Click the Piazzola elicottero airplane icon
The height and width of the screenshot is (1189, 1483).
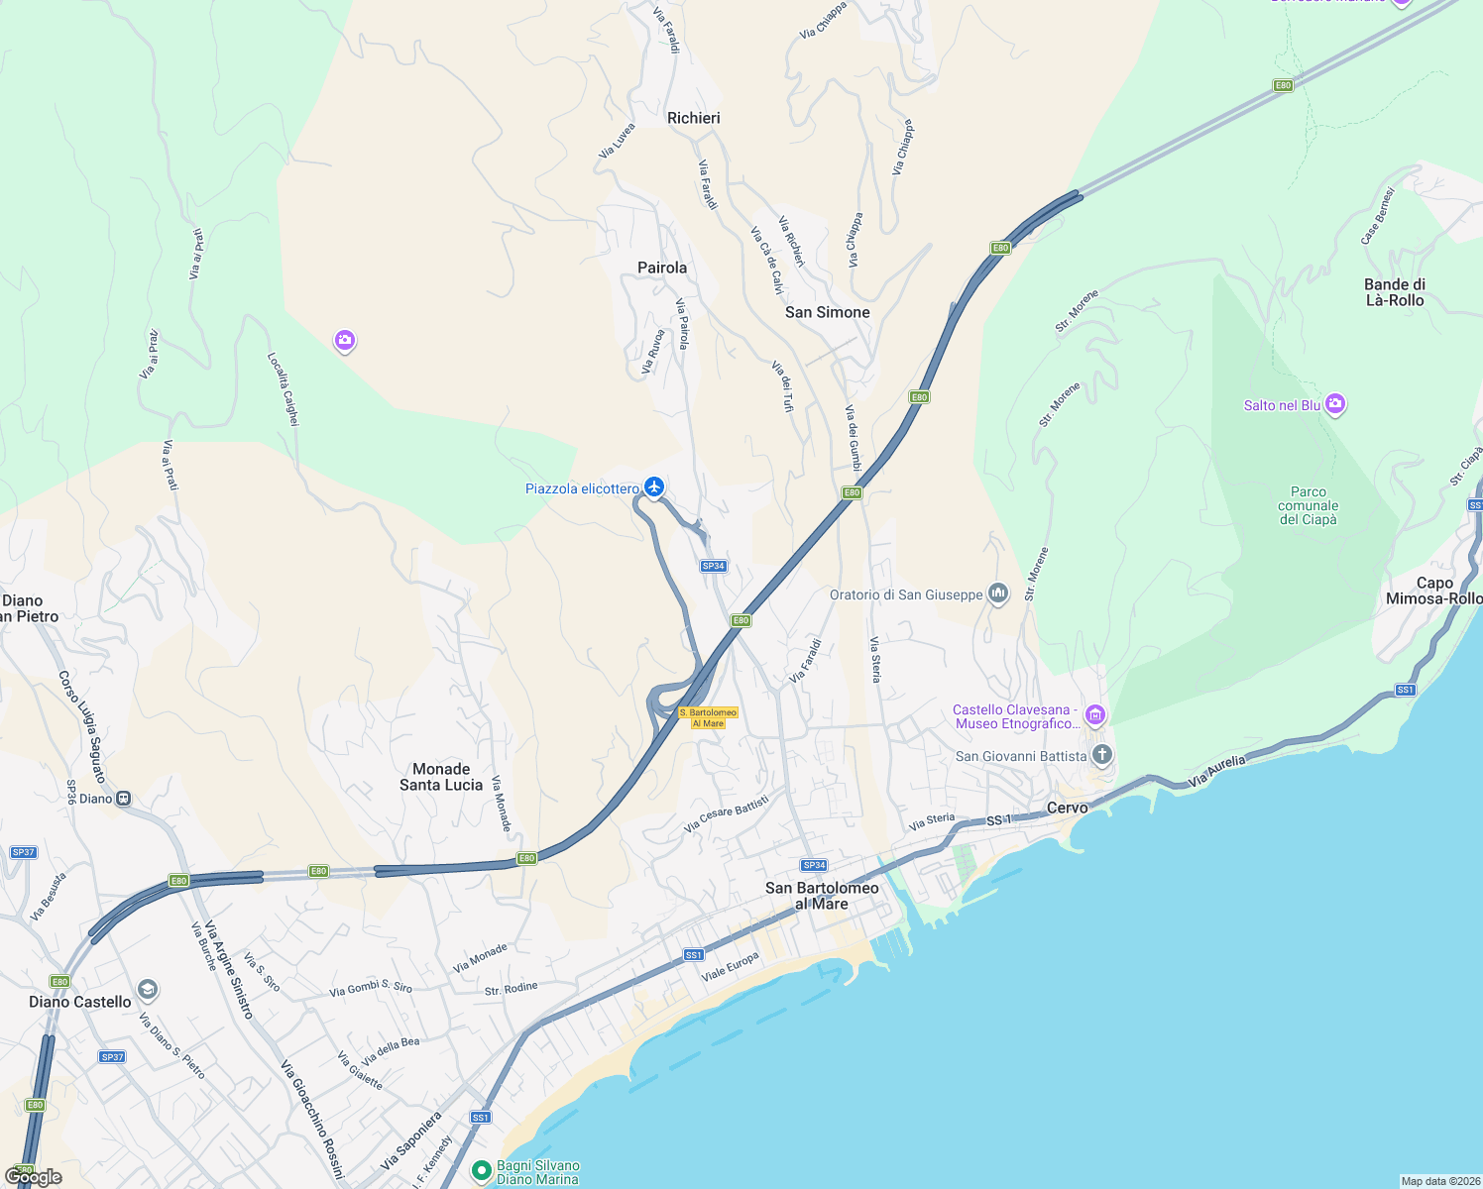pos(653,487)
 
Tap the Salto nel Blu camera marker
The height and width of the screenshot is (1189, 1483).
pos(1335,404)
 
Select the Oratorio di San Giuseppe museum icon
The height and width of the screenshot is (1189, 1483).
pos(998,594)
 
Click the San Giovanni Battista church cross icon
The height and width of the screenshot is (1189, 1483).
pos(1101,756)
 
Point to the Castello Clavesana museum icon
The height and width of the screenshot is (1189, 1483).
pos(1094,714)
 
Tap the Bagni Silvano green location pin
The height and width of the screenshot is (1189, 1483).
pos(482,1171)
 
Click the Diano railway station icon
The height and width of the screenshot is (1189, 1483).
pos(124,799)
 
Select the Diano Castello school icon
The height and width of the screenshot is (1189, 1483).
pos(148,989)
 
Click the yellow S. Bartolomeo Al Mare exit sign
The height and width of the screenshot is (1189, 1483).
pos(708,718)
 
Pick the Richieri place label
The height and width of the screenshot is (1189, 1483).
pos(694,118)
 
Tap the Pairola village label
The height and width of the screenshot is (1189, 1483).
pos(662,268)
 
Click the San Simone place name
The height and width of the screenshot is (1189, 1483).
pos(828,312)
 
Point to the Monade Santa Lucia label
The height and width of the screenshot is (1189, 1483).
pos(441,777)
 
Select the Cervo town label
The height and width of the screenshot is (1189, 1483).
pos(1068,808)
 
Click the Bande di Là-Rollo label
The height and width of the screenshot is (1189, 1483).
pos(1395,292)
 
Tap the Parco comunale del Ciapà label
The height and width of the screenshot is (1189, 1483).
pos(1309,505)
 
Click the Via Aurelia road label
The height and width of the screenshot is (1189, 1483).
pos(1216,772)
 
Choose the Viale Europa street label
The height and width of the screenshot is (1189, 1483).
pos(731,967)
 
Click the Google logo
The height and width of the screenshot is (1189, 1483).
pos(34,1177)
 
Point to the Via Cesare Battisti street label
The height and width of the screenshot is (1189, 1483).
pos(727,813)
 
